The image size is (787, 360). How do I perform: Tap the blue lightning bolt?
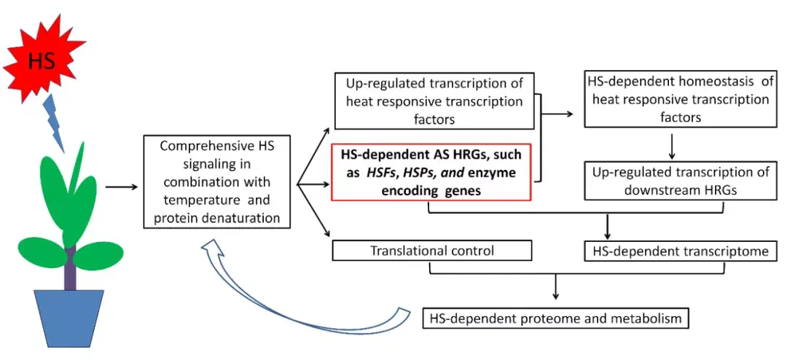pos(55,124)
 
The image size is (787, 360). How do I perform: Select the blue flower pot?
pos(68,318)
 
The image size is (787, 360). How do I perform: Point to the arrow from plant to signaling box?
pos(122,187)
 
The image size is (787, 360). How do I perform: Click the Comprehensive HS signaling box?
pos(217,181)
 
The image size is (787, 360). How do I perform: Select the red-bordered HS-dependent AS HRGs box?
pos(431,171)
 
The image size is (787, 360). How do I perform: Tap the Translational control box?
pos(431,251)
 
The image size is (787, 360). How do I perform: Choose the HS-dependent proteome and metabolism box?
pos(555,318)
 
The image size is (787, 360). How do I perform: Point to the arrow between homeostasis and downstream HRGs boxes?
pos(672,146)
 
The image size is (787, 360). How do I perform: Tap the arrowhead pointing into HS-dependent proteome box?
pos(555,294)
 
